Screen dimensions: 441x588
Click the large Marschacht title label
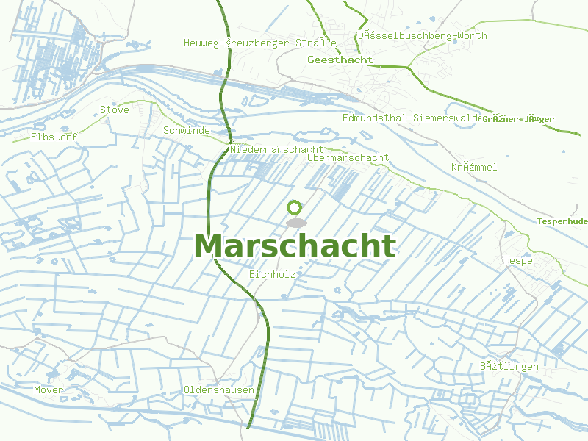click(x=295, y=247)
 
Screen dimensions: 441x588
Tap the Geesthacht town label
click(x=341, y=60)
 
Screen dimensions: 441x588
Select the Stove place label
click(x=115, y=110)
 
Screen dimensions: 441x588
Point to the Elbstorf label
click(x=54, y=137)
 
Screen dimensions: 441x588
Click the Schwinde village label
click(x=187, y=131)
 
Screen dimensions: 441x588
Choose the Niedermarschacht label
click(x=276, y=149)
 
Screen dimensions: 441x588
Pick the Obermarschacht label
click(x=348, y=158)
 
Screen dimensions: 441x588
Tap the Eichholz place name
click(x=273, y=274)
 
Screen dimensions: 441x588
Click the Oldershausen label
click(x=219, y=390)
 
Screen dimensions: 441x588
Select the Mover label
click(x=49, y=390)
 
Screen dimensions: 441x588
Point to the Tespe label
click(x=517, y=261)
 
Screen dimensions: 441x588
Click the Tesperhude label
click(x=562, y=221)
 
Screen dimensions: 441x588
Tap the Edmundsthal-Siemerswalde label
click(x=413, y=118)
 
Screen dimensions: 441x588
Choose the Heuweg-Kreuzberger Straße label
click(x=260, y=43)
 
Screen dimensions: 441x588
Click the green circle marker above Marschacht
click(x=295, y=207)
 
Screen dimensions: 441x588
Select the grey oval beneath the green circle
click(x=296, y=222)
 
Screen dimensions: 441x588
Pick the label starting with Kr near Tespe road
click(x=474, y=167)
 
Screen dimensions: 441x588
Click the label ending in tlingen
click(x=509, y=366)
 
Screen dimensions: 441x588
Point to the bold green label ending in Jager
click(x=518, y=119)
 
